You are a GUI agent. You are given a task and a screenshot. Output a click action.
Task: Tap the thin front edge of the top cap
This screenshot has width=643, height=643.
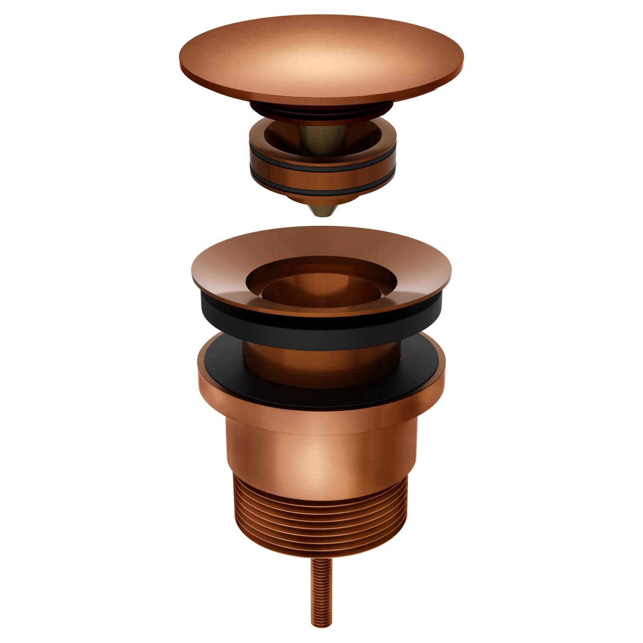coord(321,98)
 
